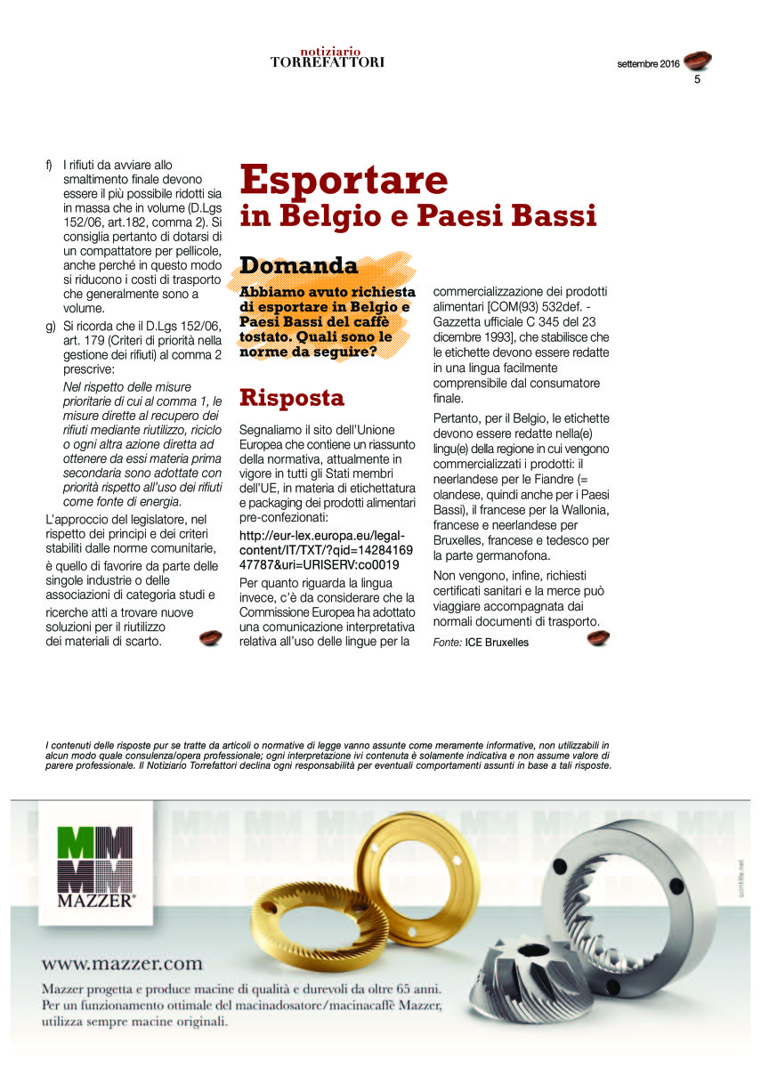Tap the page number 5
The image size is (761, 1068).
point(698,80)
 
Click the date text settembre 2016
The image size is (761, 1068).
point(648,64)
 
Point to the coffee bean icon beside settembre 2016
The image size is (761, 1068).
point(698,61)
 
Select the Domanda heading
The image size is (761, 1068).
point(298,265)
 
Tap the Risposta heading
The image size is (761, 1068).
point(292,397)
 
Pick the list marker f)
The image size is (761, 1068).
point(49,165)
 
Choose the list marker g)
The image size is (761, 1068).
point(50,327)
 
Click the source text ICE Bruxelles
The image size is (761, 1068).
point(497,642)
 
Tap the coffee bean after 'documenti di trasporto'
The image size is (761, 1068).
point(598,638)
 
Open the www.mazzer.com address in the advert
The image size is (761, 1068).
point(122,964)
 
